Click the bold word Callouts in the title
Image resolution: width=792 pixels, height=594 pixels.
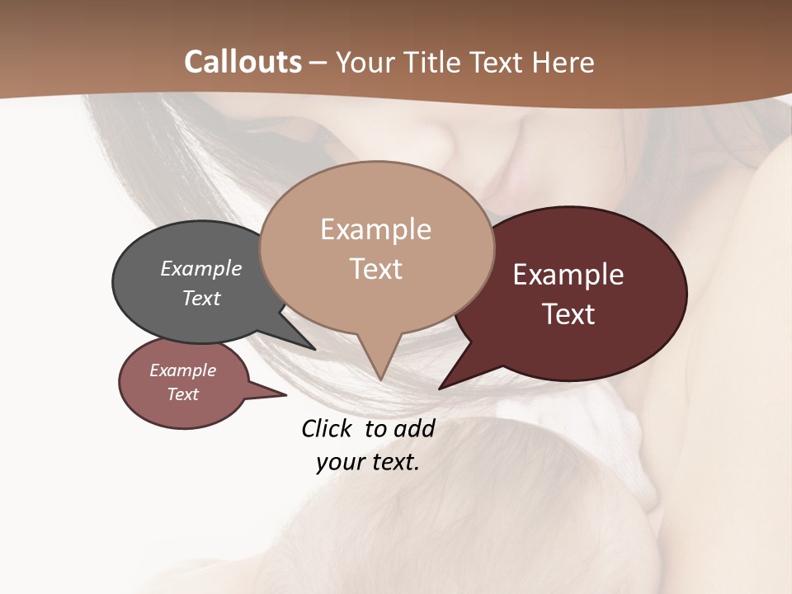click(243, 63)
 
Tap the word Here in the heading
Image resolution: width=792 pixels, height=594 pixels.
click(562, 63)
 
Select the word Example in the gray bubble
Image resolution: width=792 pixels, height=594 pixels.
click(201, 268)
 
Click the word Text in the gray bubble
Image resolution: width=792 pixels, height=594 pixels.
click(201, 298)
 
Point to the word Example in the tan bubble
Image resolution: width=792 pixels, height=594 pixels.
click(375, 229)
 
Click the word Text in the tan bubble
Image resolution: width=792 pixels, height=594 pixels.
click(376, 269)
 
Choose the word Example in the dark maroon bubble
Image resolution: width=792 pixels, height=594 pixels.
click(568, 275)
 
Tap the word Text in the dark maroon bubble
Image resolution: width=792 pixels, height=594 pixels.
click(569, 314)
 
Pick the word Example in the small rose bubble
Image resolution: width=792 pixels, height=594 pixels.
click(182, 370)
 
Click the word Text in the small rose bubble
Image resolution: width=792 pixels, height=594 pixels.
click(182, 394)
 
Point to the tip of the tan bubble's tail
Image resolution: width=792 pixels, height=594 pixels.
click(380, 379)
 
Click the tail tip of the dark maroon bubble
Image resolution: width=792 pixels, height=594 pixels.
click(441, 388)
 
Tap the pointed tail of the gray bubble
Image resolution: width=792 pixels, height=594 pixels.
click(313, 348)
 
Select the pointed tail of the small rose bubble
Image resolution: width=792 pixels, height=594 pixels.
click(285, 394)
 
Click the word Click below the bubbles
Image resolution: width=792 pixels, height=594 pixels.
click(328, 428)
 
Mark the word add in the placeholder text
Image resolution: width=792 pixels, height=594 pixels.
click(414, 428)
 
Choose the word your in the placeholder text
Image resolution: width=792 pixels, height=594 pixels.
click(339, 462)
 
